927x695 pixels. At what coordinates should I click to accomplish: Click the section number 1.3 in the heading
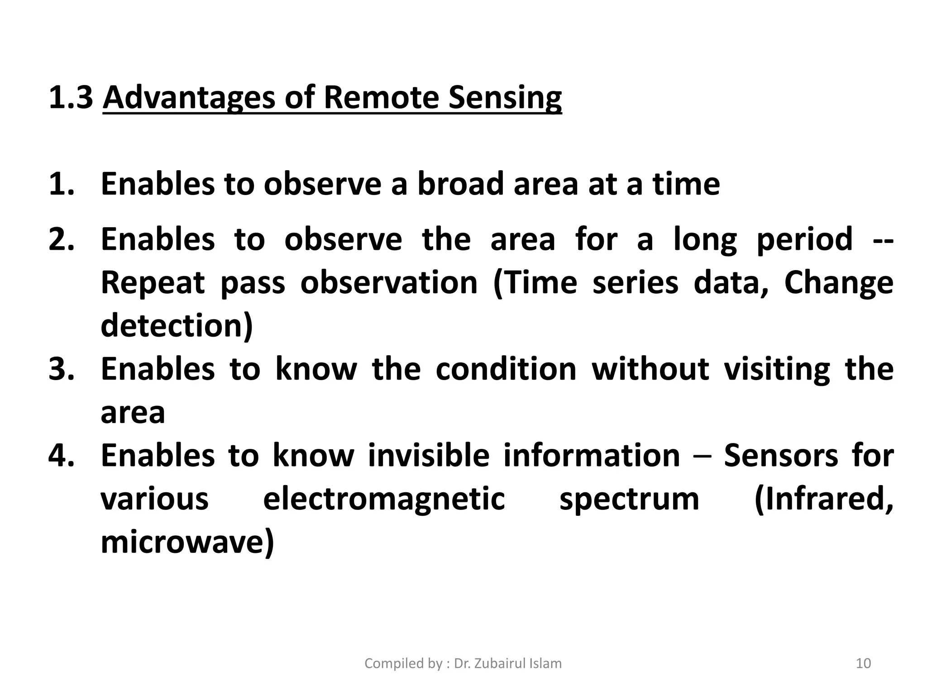pyautogui.click(x=70, y=97)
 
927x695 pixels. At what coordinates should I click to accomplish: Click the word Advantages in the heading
pyautogui.click(x=189, y=98)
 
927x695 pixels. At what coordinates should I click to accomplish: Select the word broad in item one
pyautogui.click(x=460, y=184)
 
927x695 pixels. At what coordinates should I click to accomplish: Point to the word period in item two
pyautogui.click(x=804, y=240)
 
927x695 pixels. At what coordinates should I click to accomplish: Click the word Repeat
pyautogui.click(x=153, y=283)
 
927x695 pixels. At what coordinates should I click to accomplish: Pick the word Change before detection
pyautogui.click(x=838, y=283)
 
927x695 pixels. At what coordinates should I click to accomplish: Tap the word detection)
pyautogui.click(x=177, y=326)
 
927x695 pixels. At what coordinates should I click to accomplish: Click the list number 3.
pyautogui.click(x=61, y=369)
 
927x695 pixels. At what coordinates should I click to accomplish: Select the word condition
pyautogui.click(x=506, y=369)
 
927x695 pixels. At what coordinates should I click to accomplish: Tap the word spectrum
pyautogui.click(x=629, y=500)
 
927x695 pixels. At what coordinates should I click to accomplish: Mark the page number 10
pyautogui.click(x=863, y=663)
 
